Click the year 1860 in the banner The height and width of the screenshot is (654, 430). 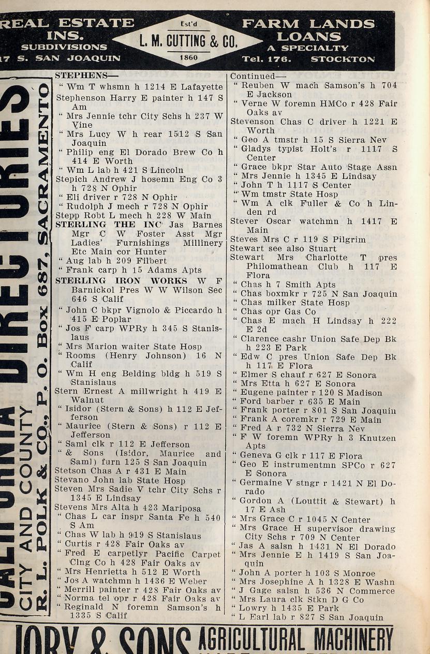188,58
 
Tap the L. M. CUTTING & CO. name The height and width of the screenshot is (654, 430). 187,41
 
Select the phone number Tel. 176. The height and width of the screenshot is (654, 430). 266,58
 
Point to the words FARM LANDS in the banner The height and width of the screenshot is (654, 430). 308,24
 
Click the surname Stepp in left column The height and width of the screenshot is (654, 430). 66,215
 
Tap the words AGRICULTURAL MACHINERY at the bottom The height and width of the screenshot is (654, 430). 296,639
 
